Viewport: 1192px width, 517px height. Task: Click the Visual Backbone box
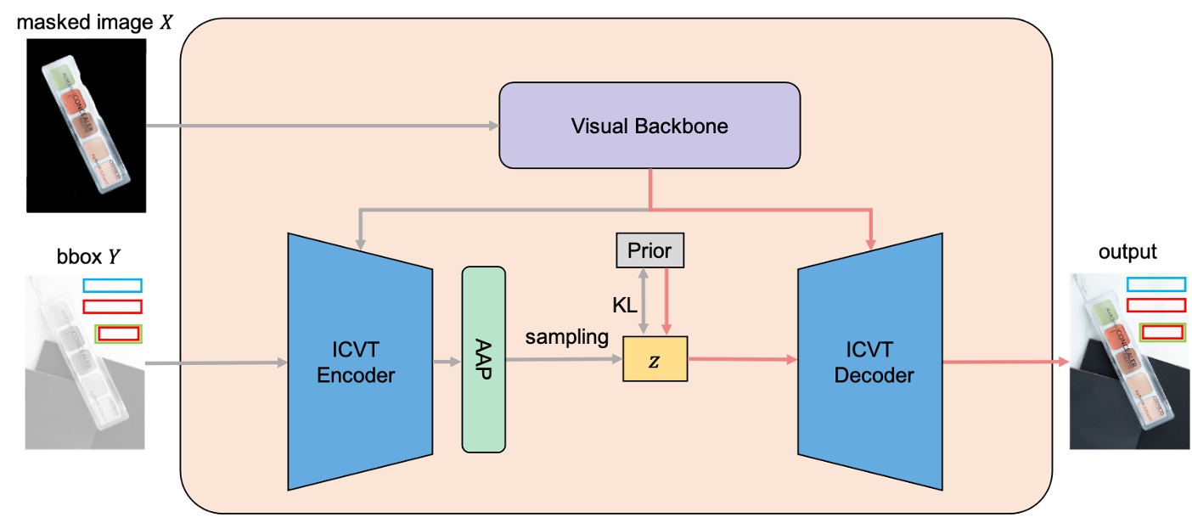649,126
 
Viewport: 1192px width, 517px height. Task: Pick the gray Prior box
649,251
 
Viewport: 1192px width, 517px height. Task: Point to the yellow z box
655,358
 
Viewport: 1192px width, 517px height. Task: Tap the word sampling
566,337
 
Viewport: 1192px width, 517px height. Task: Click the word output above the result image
1127,252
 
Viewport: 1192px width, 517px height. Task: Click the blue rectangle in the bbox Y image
112,285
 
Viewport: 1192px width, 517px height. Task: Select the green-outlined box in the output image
1162,332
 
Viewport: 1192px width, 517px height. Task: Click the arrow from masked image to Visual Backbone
323,126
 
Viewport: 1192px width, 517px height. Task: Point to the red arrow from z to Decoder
743,360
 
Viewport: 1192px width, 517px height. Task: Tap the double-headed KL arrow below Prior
646,301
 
